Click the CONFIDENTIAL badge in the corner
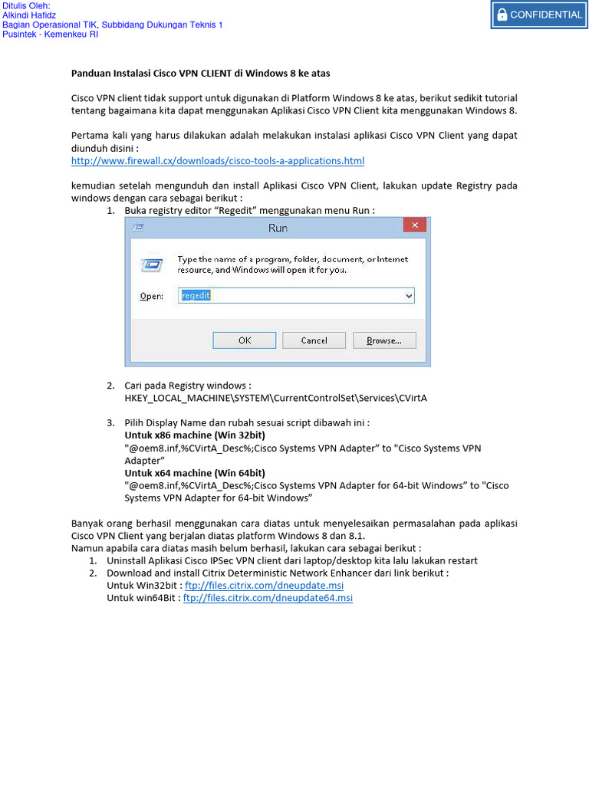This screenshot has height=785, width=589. point(538,15)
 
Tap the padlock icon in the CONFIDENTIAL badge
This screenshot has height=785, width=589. point(502,15)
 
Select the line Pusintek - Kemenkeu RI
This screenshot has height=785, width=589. point(51,34)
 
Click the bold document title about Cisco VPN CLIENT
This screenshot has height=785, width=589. point(201,74)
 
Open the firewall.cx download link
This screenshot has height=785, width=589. point(218,161)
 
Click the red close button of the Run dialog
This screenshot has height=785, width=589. point(415,225)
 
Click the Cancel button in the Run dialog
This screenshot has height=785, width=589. point(314,340)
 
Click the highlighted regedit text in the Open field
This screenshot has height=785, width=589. point(196,295)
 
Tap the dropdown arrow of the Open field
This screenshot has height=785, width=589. point(409,296)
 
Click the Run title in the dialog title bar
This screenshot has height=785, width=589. point(278,228)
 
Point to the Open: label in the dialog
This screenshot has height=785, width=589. point(151,296)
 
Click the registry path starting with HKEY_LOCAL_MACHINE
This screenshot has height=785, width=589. point(275,399)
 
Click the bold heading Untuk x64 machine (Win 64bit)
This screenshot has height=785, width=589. point(195,472)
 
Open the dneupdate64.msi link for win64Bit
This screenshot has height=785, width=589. point(268,598)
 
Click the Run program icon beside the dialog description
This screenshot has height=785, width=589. point(150,265)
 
